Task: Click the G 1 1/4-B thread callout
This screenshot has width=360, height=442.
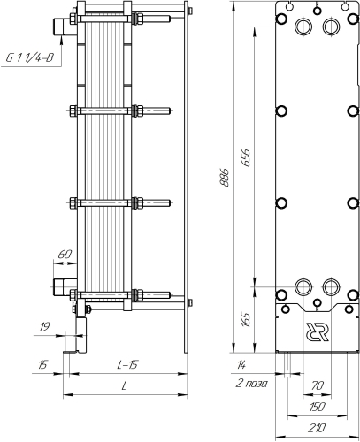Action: click(x=29, y=57)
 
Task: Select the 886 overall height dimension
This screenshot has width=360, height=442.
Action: click(x=225, y=178)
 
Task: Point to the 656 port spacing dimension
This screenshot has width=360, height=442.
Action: click(x=246, y=157)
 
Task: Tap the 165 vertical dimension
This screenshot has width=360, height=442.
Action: click(x=246, y=319)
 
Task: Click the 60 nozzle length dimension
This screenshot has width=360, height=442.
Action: click(x=65, y=254)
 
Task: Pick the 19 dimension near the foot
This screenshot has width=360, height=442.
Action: click(x=44, y=326)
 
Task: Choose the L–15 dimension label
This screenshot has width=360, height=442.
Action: click(x=127, y=365)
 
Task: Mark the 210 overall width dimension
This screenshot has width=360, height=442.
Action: click(x=317, y=428)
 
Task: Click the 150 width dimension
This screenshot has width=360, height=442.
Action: click(x=317, y=407)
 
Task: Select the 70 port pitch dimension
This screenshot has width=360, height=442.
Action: click(x=318, y=385)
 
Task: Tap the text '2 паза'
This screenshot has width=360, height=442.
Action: click(x=251, y=384)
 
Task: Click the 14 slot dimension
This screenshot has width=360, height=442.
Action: click(x=241, y=365)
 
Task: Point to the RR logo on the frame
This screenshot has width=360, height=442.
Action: click(x=318, y=332)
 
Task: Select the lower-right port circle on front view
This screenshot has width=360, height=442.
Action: click(x=331, y=286)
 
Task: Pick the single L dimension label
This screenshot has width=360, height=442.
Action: click(x=125, y=385)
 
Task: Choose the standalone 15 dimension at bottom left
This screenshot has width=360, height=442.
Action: click(x=43, y=365)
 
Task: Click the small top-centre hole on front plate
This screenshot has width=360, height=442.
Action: click(x=318, y=11)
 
